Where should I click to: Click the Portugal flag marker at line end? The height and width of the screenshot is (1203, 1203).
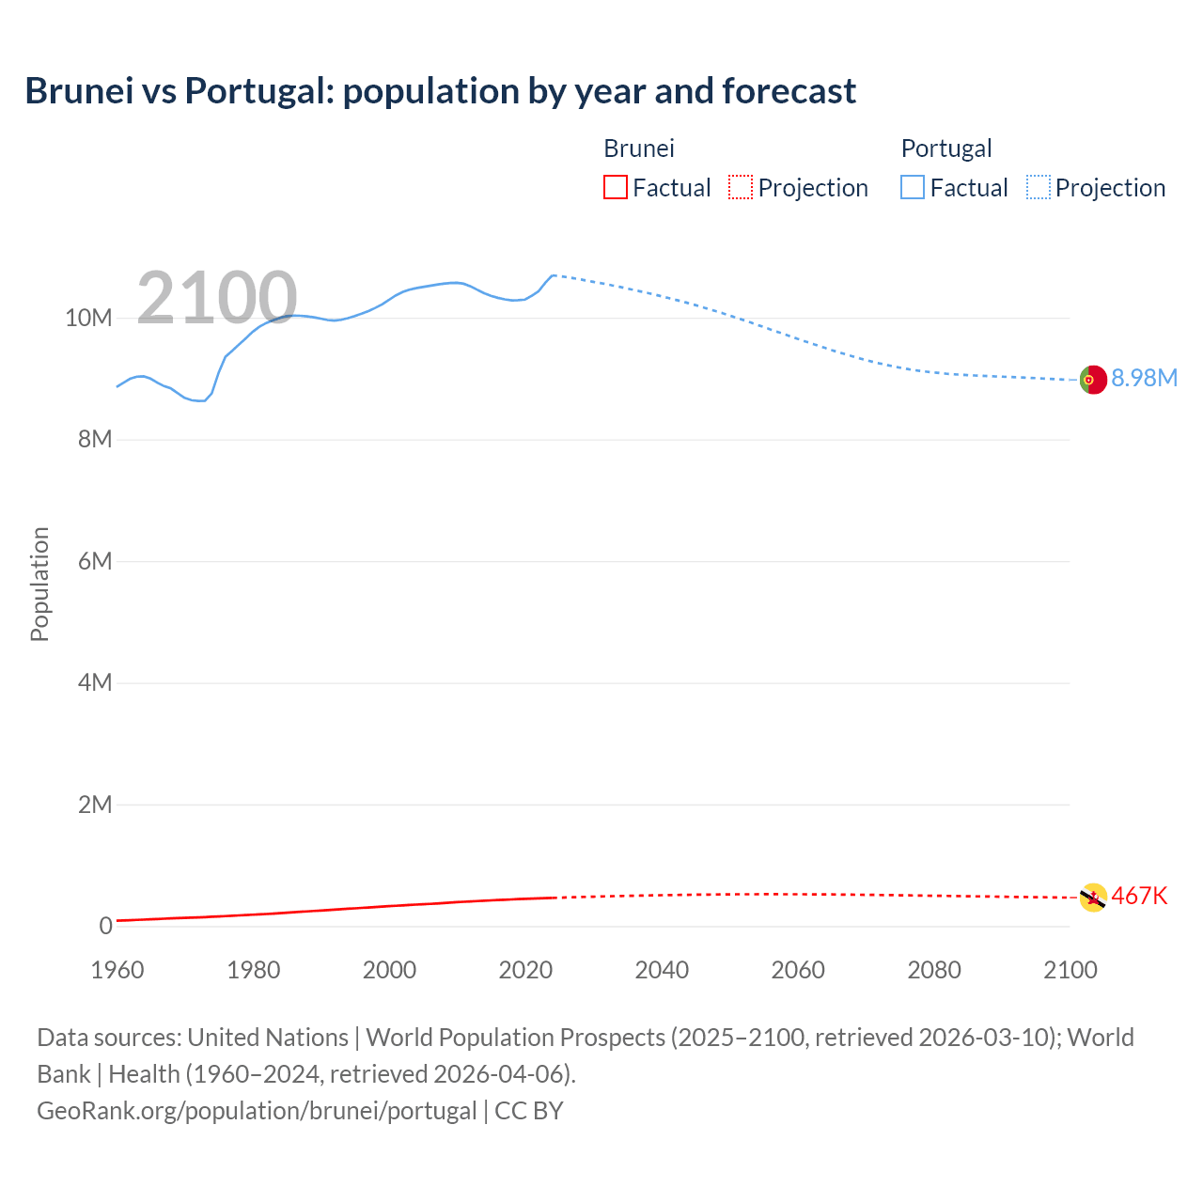[x=1092, y=380]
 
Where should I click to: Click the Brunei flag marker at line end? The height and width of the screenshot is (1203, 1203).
[x=1092, y=898]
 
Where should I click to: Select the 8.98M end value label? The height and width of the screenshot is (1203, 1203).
[x=1144, y=378]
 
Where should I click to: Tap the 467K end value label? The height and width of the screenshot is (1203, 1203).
[x=1139, y=896]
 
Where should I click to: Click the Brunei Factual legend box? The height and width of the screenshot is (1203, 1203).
[x=615, y=188]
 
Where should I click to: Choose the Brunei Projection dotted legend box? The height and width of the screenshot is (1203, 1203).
[x=741, y=188]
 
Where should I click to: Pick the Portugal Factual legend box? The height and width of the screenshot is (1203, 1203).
[x=913, y=188]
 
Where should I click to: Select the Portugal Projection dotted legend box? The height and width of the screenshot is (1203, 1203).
[x=1039, y=188]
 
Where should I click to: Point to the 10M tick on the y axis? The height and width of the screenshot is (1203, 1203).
[x=88, y=318]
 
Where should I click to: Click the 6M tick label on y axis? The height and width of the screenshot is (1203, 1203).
[x=95, y=561]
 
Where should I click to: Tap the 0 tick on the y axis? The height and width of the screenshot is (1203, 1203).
[x=105, y=926]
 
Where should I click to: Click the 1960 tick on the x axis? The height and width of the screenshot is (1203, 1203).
[x=117, y=970]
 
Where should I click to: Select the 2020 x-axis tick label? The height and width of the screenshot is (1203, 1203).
[x=525, y=970]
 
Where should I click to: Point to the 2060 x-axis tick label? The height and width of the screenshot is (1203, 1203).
[x=798, y=970]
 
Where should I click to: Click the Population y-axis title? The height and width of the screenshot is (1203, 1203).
[x=39, y=584]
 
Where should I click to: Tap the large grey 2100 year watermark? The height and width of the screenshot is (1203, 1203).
[x=217, y=298]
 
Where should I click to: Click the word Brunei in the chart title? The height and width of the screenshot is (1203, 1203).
[x=79, y=91]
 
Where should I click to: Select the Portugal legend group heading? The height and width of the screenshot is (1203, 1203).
[x=946, y=148]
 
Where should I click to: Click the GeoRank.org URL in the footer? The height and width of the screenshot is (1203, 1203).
[x=257, y=1110]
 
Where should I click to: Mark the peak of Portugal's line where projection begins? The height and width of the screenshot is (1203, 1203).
[x=554, y=275]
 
